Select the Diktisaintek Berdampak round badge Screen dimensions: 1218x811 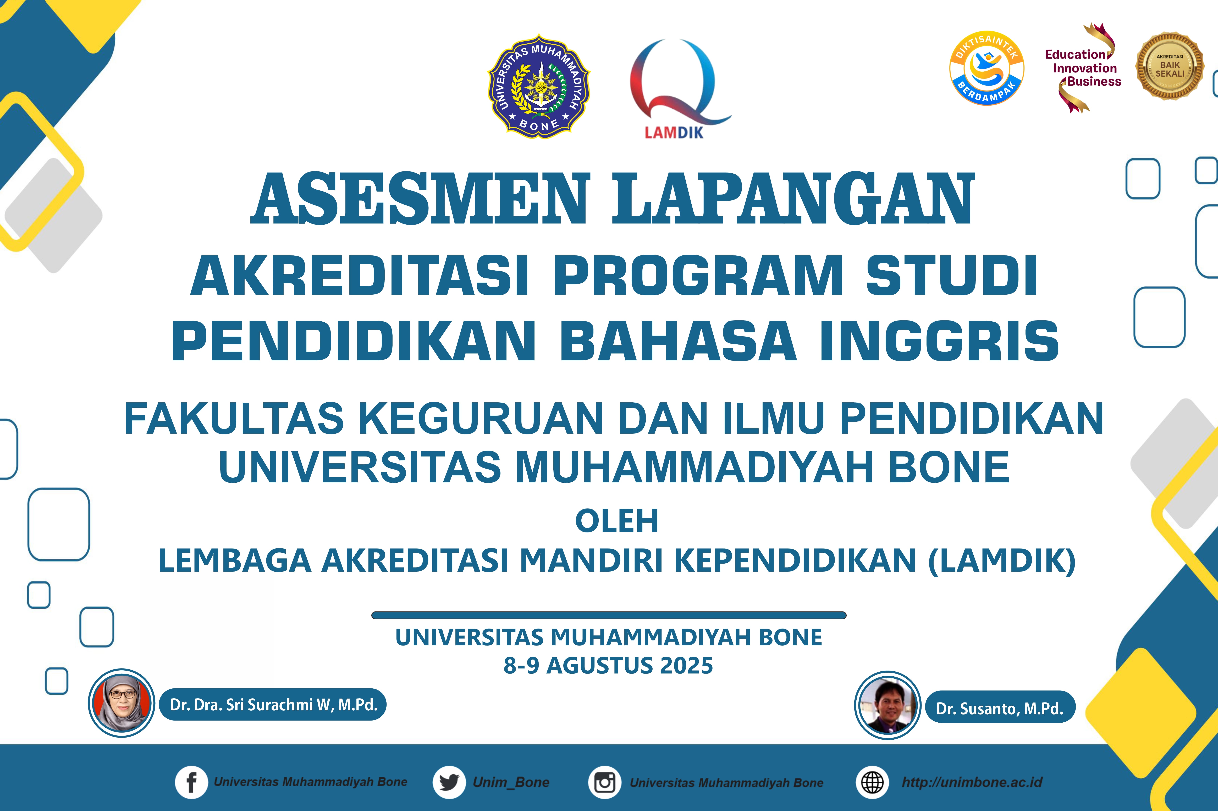tap(987, 68)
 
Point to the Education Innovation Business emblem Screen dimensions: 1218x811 tap(1083, 68)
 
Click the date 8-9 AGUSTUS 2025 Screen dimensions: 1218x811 tap(608, 666)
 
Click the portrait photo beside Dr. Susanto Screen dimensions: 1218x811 tap(887, 705)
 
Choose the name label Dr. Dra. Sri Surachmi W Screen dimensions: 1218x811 tap(273, 704)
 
